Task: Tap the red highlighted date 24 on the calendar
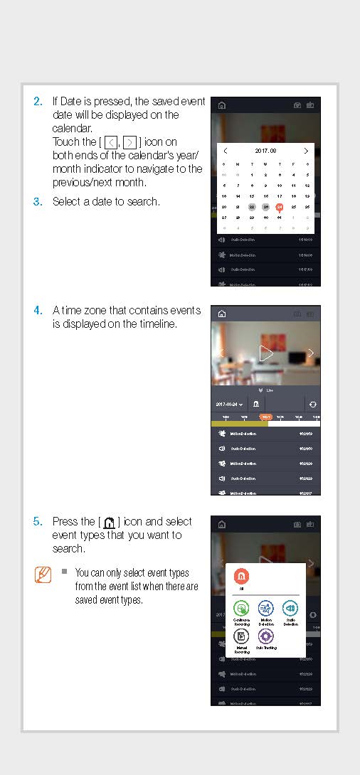280,207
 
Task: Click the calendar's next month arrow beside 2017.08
306,151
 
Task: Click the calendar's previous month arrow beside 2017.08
225,151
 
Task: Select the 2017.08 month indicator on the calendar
265,151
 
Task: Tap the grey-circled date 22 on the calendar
252,207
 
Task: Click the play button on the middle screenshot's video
265,353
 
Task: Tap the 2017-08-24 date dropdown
229,404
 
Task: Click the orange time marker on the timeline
265,417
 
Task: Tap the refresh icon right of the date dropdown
312,404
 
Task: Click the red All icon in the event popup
241,577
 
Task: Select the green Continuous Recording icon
241,609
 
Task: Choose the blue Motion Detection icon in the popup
265,609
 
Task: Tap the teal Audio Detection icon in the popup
290,609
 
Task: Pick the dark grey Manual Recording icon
241,636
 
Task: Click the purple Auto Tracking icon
265,636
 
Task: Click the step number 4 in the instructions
38,311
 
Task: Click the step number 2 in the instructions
38,102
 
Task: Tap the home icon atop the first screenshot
221,105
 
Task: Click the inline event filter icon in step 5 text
109,523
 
